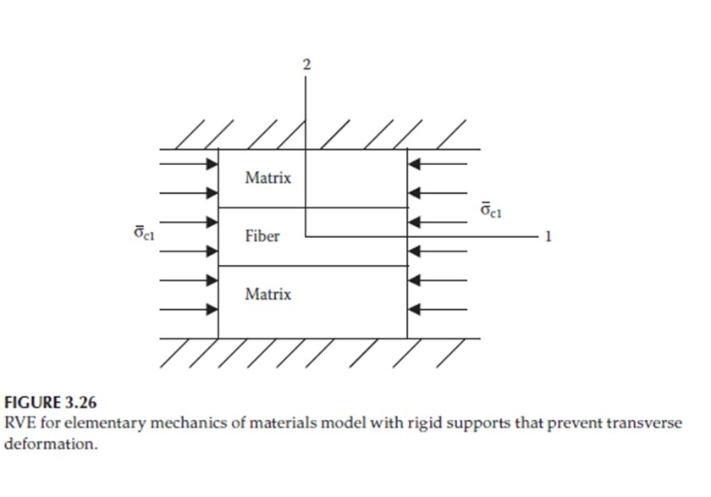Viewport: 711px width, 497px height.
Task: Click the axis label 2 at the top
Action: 307,64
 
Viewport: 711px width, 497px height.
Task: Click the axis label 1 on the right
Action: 548,237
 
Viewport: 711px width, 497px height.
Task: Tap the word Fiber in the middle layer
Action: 262,236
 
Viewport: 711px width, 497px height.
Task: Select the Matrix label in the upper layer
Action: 267,178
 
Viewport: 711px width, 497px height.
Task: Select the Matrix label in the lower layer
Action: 267,295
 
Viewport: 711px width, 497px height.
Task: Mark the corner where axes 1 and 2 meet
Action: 306,237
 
